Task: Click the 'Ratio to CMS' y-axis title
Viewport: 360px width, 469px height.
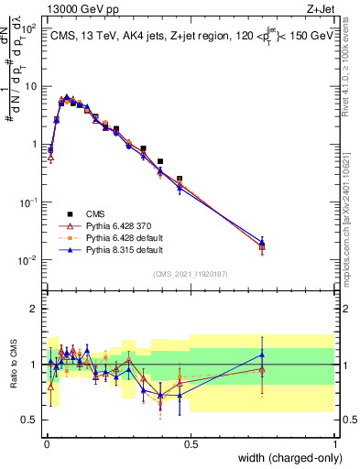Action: pyautogui.click(x=14, y=365)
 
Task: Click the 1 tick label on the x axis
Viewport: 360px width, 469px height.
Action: pyautogui.click(x=334, y=443)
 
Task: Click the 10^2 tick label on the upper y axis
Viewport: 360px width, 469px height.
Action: pyautogui.click(x=28, y=29)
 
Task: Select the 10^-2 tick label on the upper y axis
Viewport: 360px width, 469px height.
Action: pyautogui.click(x=28, y=260)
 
